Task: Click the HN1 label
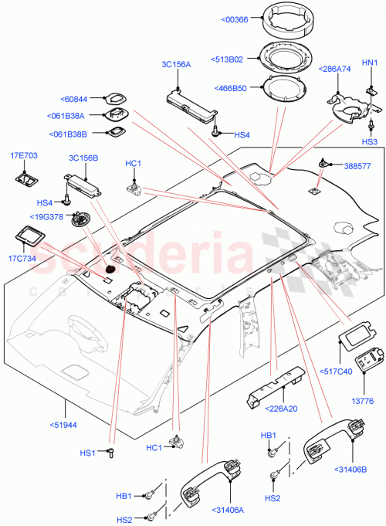370,63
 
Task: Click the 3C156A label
175,65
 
